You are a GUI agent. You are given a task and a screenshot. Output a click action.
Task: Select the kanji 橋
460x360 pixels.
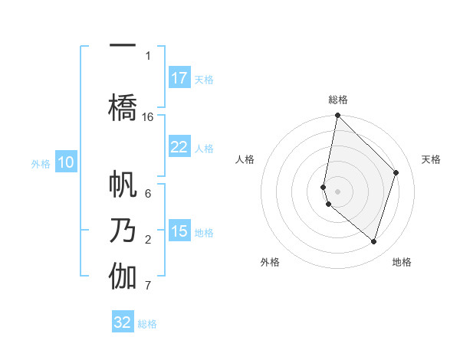pyautogui.click(x=122, y=106)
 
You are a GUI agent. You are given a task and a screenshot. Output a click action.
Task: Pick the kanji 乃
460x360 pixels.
pyautogui.click(x=122, y=230)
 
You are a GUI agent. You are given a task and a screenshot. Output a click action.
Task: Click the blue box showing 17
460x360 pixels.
pyautogui.click(x=179, y=78)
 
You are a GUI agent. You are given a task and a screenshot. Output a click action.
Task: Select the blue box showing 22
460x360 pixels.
pyautogui.click(x=179, y=147)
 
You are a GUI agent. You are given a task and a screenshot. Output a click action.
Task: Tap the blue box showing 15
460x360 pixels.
pyautogui.click(x=179, y=231)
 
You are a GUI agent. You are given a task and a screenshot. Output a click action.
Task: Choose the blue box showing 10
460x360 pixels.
pyautogui.click(x=66, y=162)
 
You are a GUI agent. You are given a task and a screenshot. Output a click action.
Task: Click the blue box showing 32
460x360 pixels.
pyautogui.click(x=123, y=322)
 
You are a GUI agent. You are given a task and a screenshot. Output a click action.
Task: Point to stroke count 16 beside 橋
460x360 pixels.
pyautogui.click(x=148, y=117)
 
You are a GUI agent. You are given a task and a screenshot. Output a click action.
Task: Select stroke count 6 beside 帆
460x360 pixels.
pyautogui.click(x=148, y=195)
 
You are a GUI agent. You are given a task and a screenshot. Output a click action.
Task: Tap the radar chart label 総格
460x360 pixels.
pyautogui.click(x=338, y=100)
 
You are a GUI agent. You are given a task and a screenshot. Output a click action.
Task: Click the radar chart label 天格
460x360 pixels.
pyautogui.click(x=431, y=159)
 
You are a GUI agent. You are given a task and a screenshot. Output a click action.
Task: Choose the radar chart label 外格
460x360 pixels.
pyautogui.click(x=270, y=262)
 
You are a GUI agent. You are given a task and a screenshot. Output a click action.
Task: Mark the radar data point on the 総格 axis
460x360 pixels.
pyautogui.click(x=337, y=116)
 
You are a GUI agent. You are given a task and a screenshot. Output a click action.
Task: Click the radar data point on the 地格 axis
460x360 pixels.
pyautogui.click(x=373, y=241)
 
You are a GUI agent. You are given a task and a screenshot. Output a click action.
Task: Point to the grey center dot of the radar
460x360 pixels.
pyautogui.click(x=337, y=191)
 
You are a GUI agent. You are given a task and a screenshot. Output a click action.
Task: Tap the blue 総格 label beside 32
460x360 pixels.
pyautogui.click(x=147, y=324)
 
